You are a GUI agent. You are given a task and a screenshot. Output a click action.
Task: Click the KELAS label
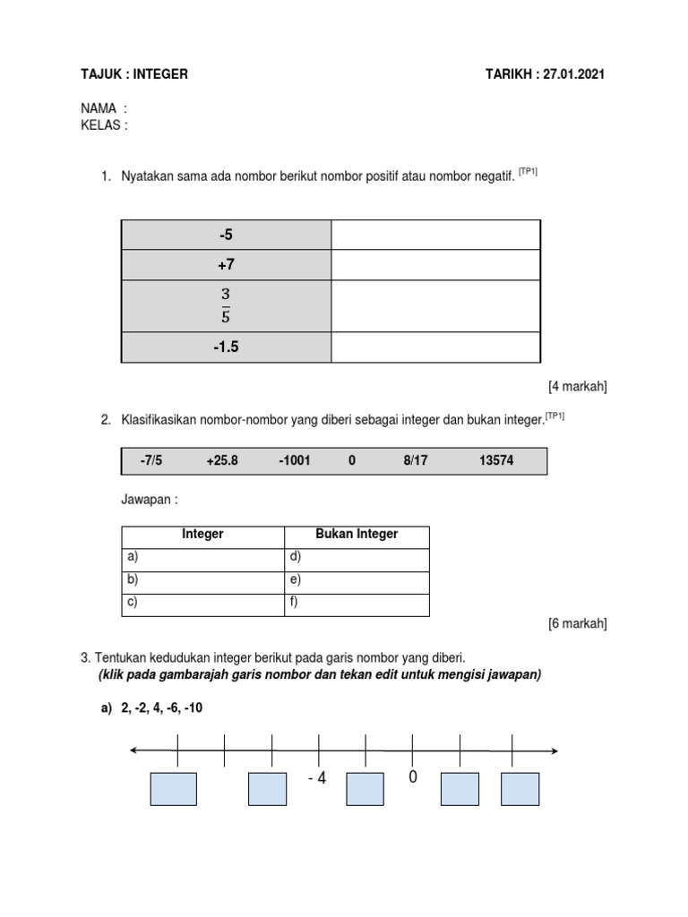[x=104, y=125]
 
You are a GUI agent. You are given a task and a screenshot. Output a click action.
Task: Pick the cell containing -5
[x=226, y=235]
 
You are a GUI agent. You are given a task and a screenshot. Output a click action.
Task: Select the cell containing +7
[x=226, y=265]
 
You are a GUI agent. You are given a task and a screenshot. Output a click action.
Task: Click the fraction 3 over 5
[x=226, y=305]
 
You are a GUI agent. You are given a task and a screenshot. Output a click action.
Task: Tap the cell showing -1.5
[x=226, y=347]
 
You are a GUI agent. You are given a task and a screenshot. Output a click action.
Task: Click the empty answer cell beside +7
[x=435, y=265]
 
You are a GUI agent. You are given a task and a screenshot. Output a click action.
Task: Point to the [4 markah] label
[x=577, y=387]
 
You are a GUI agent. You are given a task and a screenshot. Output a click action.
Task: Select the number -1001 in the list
[x=294, y=460]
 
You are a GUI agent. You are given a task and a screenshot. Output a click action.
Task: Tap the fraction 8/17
[x=417, y=460]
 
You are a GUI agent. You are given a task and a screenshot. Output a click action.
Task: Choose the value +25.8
[x=222, y=460]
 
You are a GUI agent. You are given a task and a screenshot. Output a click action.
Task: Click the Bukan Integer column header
[x=357, y=535]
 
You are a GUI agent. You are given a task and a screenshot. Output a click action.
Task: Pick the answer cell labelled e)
[x=357, y=580]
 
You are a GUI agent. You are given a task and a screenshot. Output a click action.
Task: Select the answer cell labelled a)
[x=202, y=557]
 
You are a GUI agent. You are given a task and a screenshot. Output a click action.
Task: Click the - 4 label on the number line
[x=316, y=778]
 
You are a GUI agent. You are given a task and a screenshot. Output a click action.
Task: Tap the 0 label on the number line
[x=413, y=777]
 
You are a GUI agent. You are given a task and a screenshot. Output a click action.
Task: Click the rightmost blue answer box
[x=520, y=789]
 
